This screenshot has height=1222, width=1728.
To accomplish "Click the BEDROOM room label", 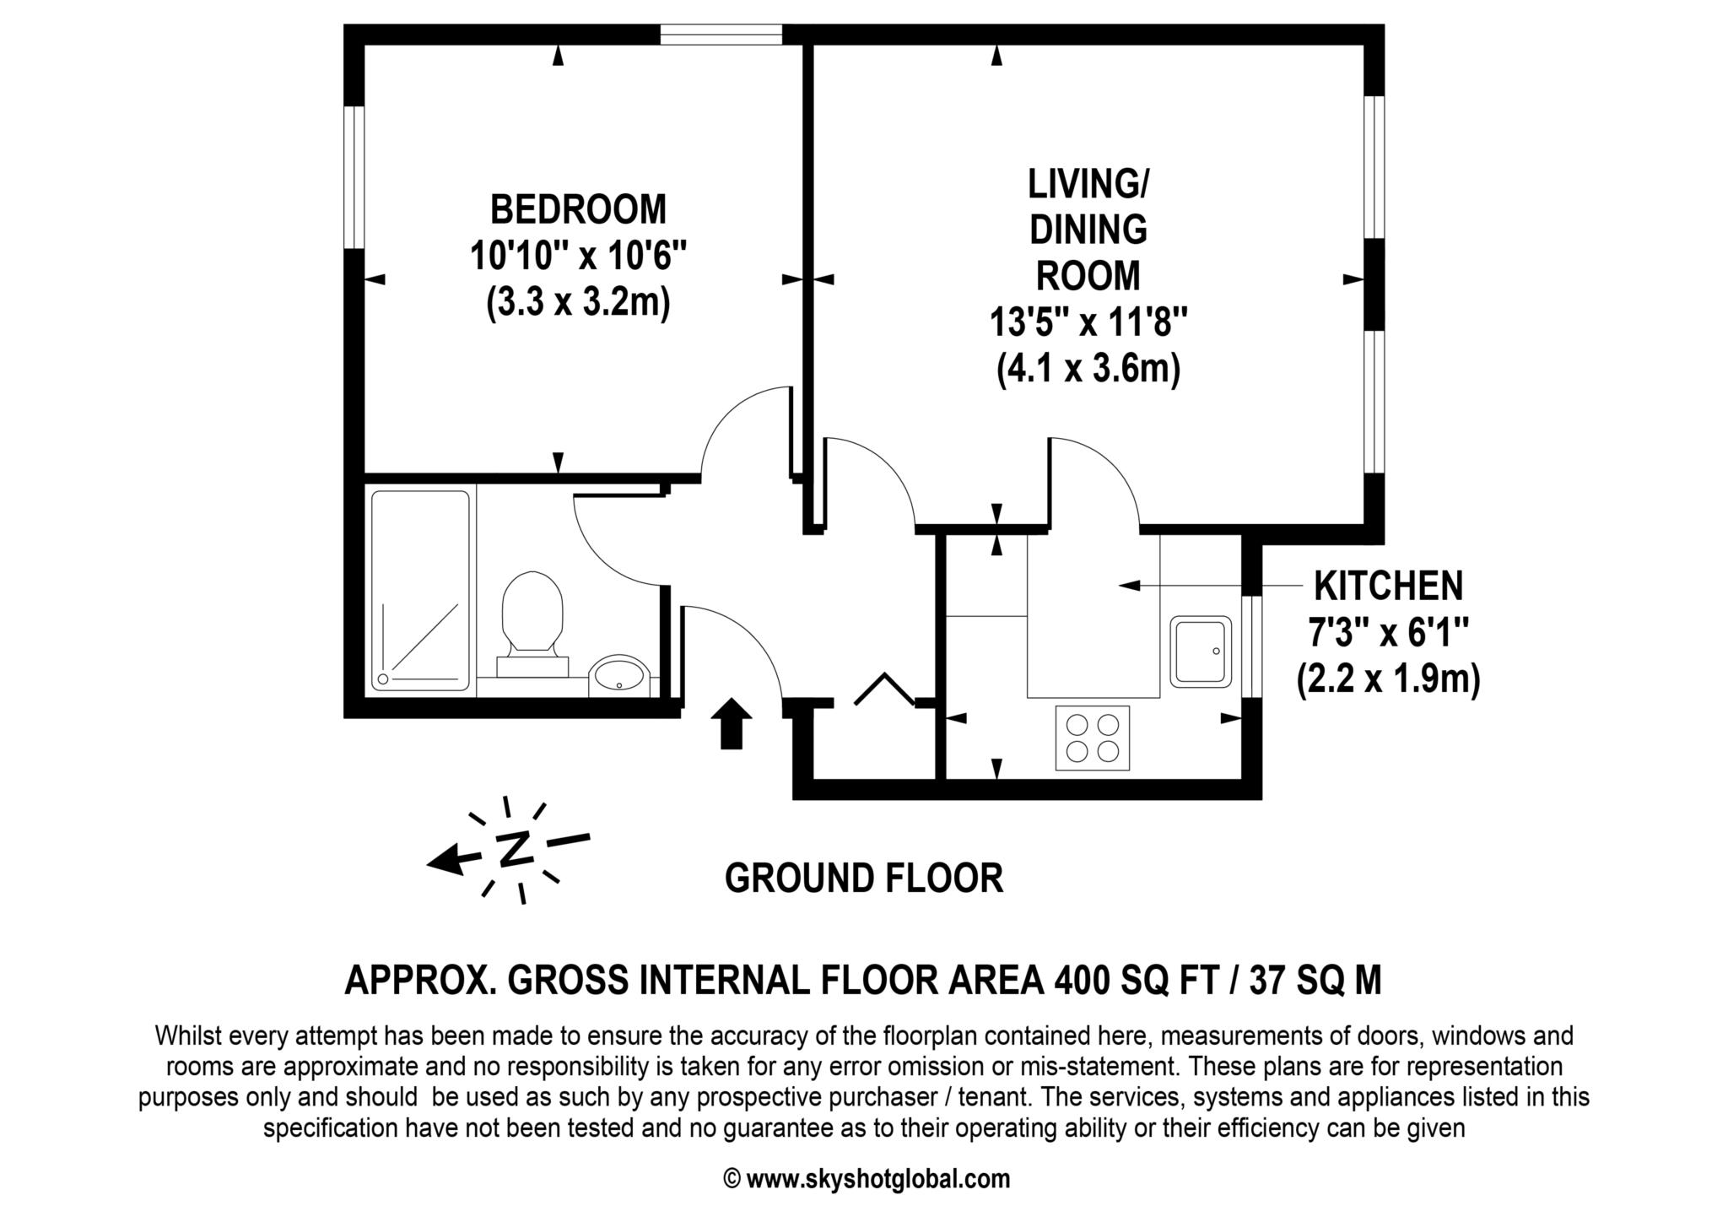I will pyautogui.click(x=578, y=209).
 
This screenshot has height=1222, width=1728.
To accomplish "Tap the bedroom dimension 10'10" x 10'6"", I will pyautogui.click(x=578, y=256).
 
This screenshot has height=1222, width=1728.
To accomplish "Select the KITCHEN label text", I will pyautogui.click(x=1389, y=585).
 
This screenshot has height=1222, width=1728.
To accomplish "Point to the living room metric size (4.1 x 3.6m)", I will pyautogui.click(x=1088, y=369).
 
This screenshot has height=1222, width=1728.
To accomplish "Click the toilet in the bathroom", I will pyautogui.click(x=532, y=620).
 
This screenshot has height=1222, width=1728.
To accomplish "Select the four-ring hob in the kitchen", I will pyautogui.click(x=1093, y=737).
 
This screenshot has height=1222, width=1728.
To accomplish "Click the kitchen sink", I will pyautogui.click(x=1199, y=651).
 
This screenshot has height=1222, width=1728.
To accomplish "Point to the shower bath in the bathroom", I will pyautogui.click(x=420, y=590).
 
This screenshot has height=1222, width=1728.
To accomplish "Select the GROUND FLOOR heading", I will pyautogui.click(x=864, y=879).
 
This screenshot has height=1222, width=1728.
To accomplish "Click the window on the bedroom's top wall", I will pyautogui.click(x=721, y=35).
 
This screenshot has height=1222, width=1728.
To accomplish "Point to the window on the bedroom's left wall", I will pyautogui.click(x=354, y=177).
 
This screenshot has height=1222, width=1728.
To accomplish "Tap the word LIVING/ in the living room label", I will pyautogui.click(x=1088, y=184).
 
